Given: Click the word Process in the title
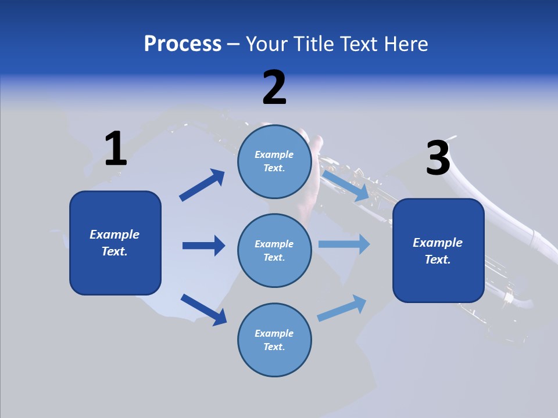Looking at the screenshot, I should click(183, 44).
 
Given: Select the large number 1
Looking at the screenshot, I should click(116, 149).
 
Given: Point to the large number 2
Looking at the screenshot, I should click(274, 88).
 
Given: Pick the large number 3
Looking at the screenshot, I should click(438, 158).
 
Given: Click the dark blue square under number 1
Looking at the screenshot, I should click(115, 243).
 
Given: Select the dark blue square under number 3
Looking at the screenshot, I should click(438, 250).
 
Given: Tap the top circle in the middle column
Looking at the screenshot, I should click(274, 161).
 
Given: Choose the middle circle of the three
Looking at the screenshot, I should click(274, 250).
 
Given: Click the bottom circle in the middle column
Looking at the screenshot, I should click(274, 340).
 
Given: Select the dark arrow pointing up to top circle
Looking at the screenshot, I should click(202, 185).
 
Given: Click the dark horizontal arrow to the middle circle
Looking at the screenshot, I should click(203, 246).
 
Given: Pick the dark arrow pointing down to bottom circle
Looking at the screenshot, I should click(203, 309).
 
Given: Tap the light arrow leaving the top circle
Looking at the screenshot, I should click(345, 185).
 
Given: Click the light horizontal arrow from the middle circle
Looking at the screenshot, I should click(344, 244).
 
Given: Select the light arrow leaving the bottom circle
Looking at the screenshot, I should click(342, 308).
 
